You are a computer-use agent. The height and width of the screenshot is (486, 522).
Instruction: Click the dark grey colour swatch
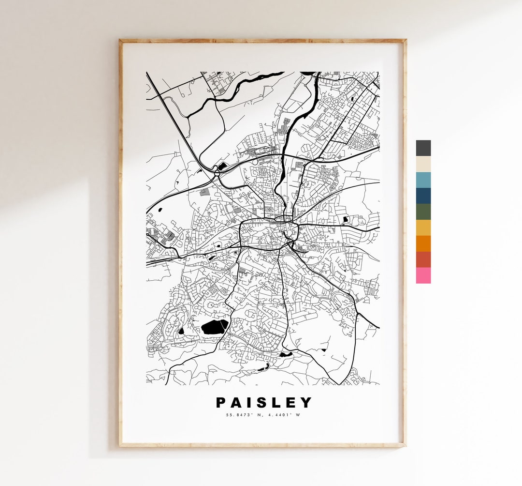(423, 148)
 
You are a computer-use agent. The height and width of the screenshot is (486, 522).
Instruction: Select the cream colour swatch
(423, 164)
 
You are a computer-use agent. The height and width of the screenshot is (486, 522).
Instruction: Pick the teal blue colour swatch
(423, 180)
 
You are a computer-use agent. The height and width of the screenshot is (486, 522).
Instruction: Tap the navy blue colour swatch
(423, 196)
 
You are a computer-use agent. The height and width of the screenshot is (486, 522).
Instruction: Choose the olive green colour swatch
(423, 212)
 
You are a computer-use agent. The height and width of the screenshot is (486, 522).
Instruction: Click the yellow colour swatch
(423, 228)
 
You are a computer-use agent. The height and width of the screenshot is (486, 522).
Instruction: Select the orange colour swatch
(423, 243)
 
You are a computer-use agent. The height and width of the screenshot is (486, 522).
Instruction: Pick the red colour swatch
(423, 259)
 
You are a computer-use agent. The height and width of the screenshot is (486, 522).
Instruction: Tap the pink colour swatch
(423, 275)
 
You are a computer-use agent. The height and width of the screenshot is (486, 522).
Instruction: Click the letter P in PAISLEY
(221, 403)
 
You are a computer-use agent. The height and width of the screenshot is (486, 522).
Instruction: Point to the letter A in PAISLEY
(237, 403)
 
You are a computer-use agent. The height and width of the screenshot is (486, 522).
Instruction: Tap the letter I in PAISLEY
(250, 403)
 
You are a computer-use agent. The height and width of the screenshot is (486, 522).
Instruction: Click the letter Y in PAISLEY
(306, 403)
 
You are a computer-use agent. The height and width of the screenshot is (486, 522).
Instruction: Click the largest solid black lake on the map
(214, 327)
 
